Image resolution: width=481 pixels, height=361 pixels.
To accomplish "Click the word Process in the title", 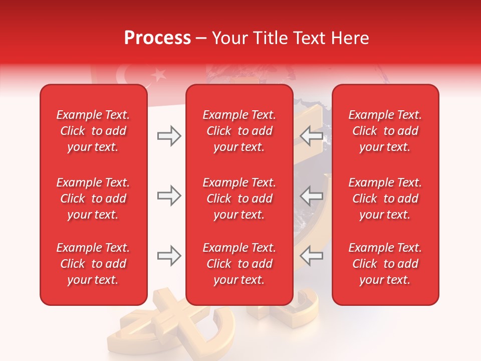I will (157, 38).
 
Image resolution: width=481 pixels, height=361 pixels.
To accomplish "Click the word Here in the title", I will (350, 38).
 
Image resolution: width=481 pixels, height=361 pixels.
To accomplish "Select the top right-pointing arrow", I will (169, 136).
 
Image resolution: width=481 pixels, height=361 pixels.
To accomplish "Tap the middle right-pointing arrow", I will (169, 196).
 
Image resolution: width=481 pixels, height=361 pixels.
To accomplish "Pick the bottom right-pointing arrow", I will (169, 256).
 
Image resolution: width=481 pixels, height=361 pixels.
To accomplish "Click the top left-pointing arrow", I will (311, 136).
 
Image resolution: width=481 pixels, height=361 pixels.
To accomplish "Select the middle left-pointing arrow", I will (311, 196).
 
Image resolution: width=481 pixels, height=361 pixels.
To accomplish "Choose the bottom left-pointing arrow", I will (311, 256).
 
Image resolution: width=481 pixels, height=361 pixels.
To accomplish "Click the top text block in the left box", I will (93, 131).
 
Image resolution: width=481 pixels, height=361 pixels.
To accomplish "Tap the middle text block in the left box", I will (93, 199).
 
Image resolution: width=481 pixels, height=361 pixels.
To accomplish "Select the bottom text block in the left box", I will (93, 264).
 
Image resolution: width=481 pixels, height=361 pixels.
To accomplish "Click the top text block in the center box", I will (239, 131).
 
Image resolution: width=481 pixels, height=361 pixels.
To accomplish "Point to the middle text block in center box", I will (239, 199).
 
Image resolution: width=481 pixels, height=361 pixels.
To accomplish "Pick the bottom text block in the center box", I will (239, 264).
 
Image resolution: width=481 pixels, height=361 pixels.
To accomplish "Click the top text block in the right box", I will (385, 131).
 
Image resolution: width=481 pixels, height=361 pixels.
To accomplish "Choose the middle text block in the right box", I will (385, 199).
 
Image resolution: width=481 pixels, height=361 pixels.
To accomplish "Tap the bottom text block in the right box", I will (385, 264).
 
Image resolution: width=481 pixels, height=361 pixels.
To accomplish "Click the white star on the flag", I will (159, 76).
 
